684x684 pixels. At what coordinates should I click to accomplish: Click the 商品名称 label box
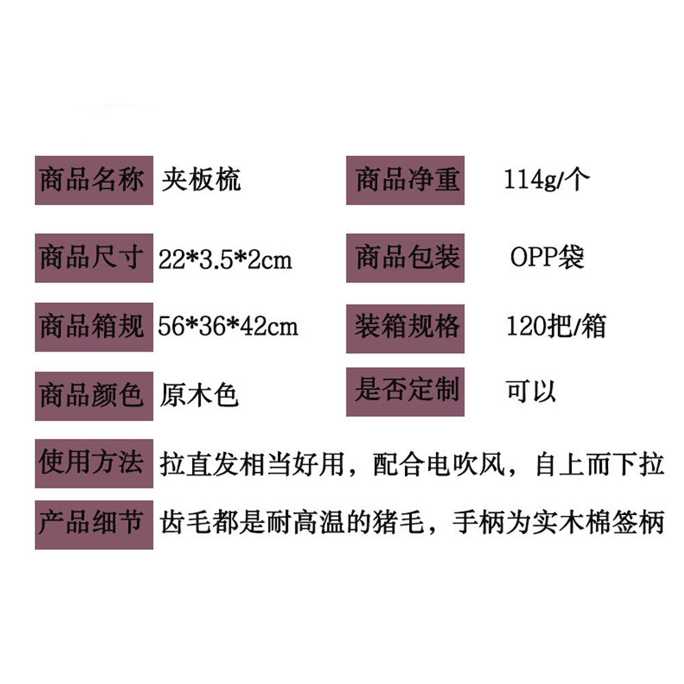point(94,181)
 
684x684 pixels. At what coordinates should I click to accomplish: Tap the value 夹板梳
point(201,180)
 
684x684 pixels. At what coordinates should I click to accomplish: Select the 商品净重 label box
point(405,181)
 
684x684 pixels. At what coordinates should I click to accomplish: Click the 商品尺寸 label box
point(94,259)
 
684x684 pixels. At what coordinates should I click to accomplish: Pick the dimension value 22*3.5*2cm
point(225,260)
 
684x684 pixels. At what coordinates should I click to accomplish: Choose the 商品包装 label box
point(405,259)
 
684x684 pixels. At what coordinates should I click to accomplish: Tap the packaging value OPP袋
point(547,258)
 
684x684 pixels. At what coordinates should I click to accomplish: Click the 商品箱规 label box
point(94,327)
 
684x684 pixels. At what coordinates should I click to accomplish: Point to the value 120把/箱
point(555,326)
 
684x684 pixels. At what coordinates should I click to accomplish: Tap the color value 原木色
point(199,396)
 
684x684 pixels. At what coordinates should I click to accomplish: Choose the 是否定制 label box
point(405,392)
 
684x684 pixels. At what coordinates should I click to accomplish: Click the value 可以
point(531,391)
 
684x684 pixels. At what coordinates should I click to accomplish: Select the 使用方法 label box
point(94,464)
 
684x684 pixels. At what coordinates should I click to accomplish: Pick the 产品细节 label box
point(94,525)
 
